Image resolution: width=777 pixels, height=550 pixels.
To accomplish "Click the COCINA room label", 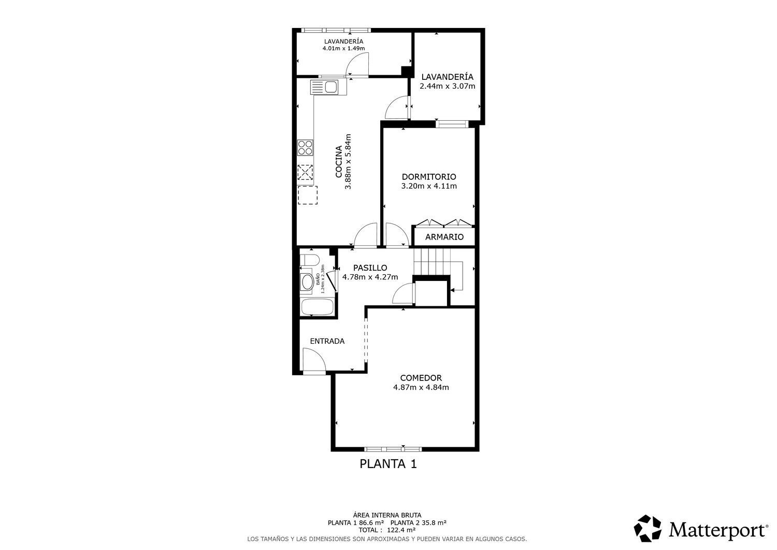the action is [339, 161].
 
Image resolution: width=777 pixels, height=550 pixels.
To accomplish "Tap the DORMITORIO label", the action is [429, 177].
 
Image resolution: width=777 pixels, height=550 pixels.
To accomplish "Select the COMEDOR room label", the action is [421, 378].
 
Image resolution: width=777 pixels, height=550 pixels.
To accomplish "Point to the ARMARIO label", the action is [444, 237].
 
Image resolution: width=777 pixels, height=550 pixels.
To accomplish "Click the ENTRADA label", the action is [327, 341].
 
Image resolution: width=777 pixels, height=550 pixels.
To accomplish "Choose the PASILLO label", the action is [370, 267].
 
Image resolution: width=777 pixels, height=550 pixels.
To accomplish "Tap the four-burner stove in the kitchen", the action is [305, 147].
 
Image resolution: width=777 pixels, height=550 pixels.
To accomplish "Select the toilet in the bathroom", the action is [310, 260].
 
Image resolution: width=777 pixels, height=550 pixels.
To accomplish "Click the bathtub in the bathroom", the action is [318, 306].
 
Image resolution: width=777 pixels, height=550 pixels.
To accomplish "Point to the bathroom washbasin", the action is [307, 282].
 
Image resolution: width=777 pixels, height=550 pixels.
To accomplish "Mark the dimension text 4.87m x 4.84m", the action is [421, 387].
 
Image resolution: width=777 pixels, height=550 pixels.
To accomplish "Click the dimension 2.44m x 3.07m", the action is [448, 86].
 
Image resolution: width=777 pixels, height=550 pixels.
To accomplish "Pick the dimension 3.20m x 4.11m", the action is [429, 186].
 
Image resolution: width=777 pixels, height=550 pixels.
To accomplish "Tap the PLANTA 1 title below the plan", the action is [388, 464].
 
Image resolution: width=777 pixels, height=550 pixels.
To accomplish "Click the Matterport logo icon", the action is [647, 528].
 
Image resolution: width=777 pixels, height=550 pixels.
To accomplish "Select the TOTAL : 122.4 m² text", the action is [387, 530].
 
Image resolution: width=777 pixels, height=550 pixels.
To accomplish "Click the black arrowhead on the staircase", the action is [452, 290].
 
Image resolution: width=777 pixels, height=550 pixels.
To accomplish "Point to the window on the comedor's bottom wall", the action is [393, 449].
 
